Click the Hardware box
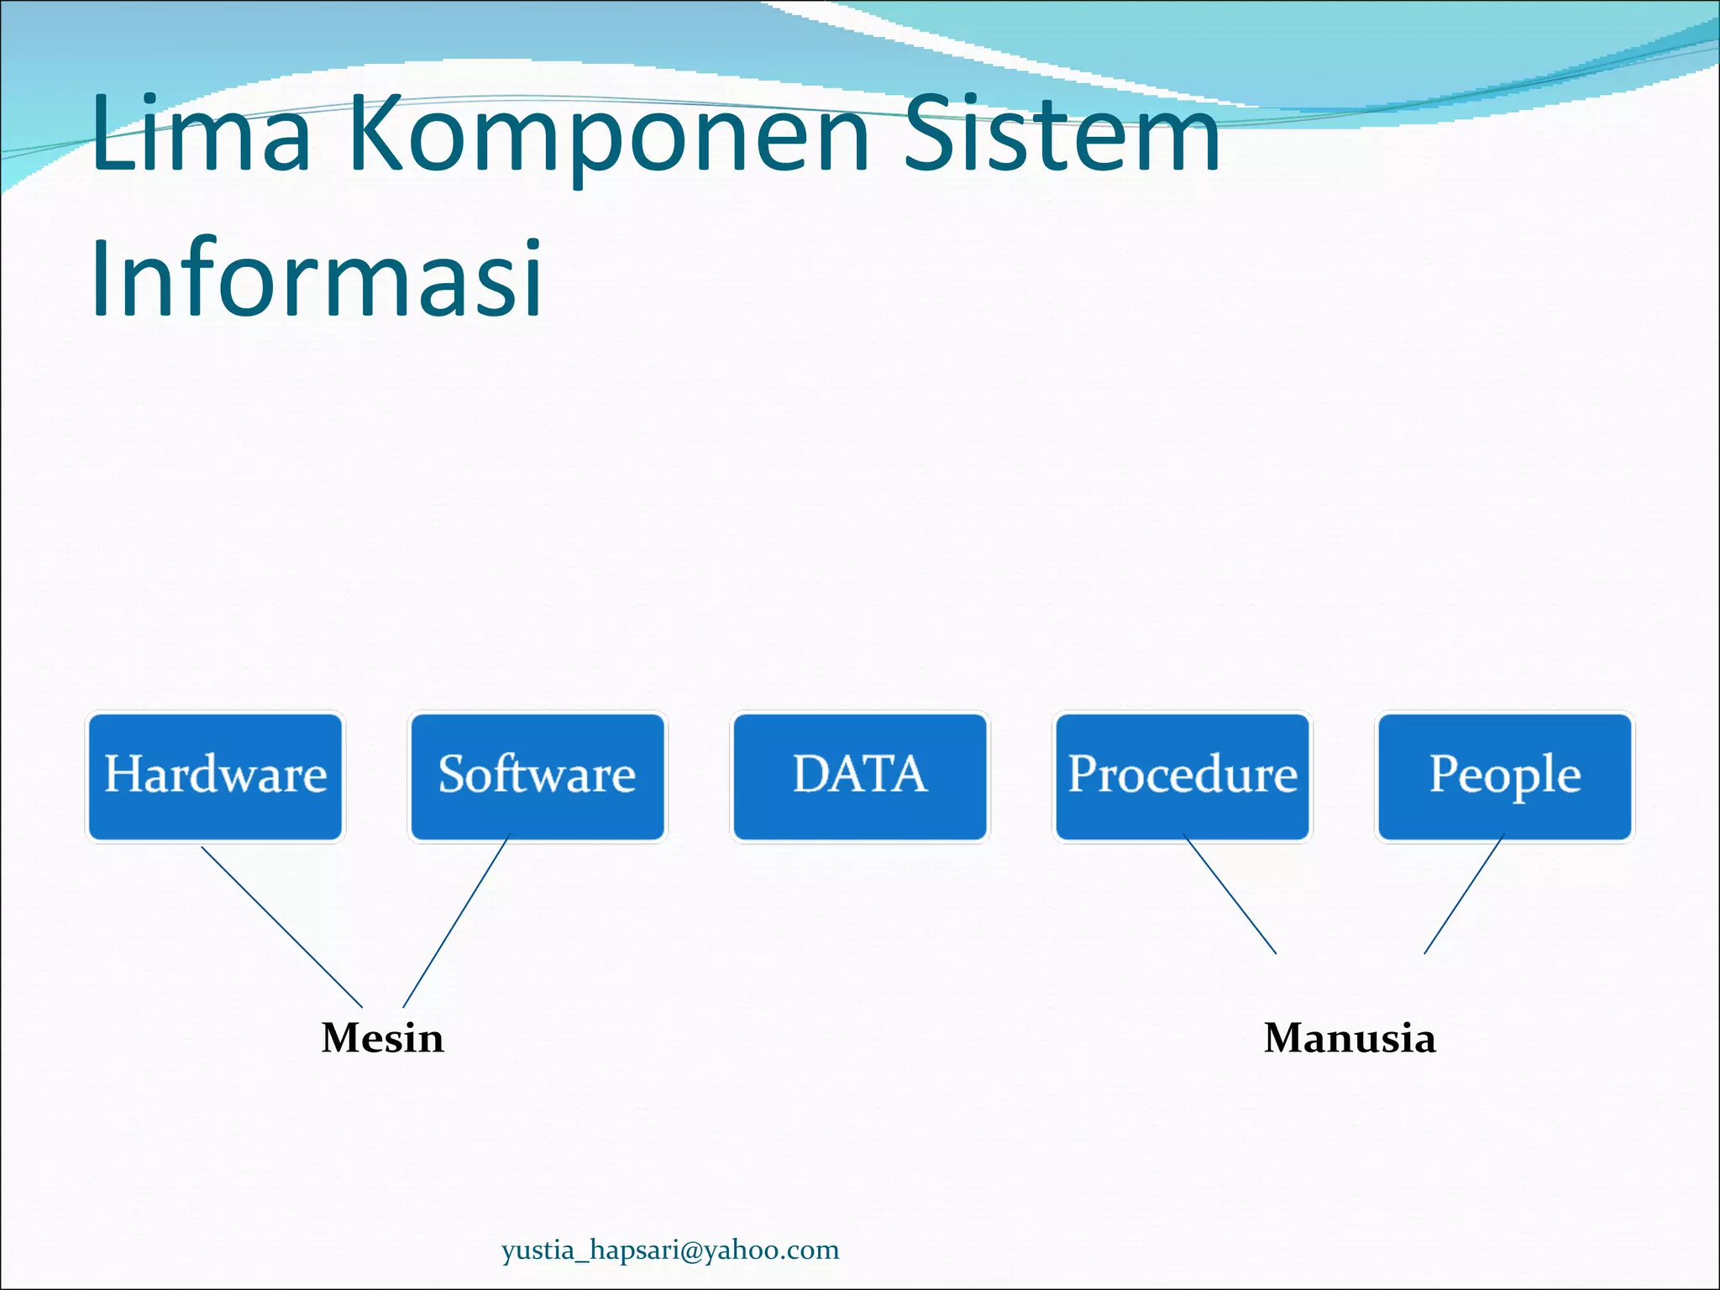pos(215,776)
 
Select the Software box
pos(537,776)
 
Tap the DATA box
pos(860,776)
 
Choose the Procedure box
pos(1182,776)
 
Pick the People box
pos(1505,776)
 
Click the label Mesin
pos(382,1038)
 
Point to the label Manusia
pos(1350,1038)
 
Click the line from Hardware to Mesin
pos(281,927)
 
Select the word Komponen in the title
pos(609,134)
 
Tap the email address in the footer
pos(670,1251)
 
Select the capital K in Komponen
pos(376,134)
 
